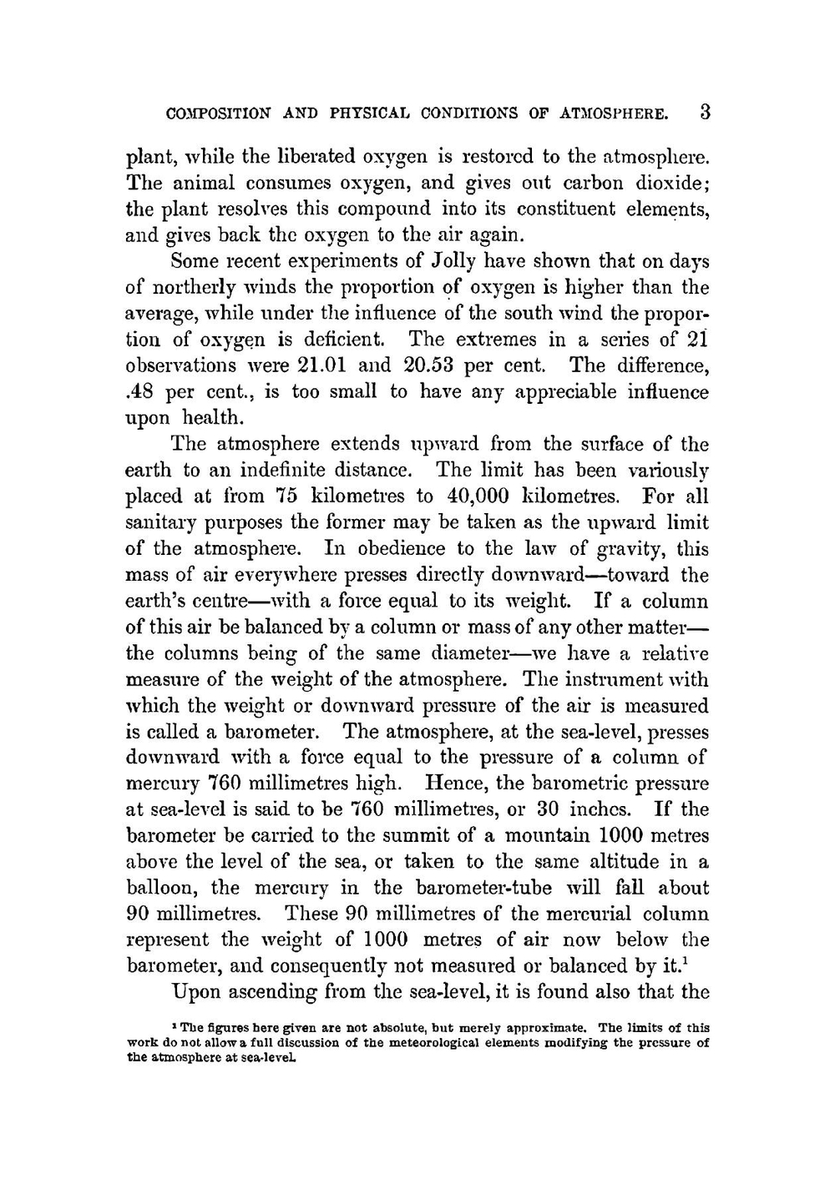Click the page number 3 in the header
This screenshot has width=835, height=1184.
(x=705, y=112)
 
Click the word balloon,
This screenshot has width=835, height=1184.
(x=160, y=888)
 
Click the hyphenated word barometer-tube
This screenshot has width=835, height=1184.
(x=496, y=888)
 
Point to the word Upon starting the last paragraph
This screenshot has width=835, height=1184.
(x=194, y=992)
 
